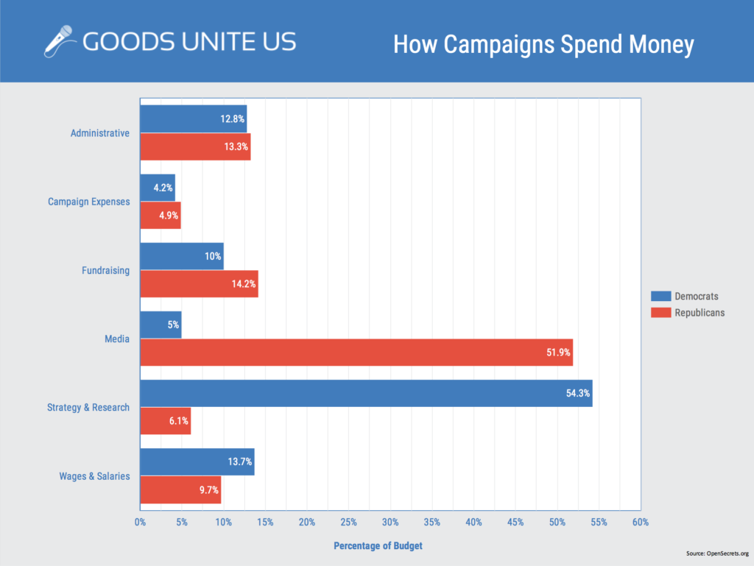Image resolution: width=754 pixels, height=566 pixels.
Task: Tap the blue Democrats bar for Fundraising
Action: point(181,256)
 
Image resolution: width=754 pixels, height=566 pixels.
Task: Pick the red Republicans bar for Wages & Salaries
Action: point(180,489)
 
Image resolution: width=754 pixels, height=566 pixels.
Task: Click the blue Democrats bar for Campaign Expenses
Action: point(157,188)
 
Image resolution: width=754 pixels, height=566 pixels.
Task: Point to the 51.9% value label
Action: point(555,353)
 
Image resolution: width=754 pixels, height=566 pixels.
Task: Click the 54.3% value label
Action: point(575,394)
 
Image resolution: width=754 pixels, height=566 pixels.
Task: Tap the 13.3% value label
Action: point(233,146)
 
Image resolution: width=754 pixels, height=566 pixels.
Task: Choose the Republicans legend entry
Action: point(688,312)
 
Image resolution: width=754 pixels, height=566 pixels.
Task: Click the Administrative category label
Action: point(99,133)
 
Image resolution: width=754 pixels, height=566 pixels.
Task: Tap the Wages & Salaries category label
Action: point(94,476)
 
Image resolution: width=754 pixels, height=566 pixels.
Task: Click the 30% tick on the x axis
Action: point(390,522)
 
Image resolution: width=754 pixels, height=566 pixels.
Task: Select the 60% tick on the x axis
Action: point(640,522)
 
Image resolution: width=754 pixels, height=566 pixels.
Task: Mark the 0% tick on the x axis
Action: point(140,522)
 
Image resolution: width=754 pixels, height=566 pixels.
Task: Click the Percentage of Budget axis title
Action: point(378,546)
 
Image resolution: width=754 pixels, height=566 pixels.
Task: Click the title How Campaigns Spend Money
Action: point(543,44)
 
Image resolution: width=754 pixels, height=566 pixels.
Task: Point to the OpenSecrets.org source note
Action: point(716,553)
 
